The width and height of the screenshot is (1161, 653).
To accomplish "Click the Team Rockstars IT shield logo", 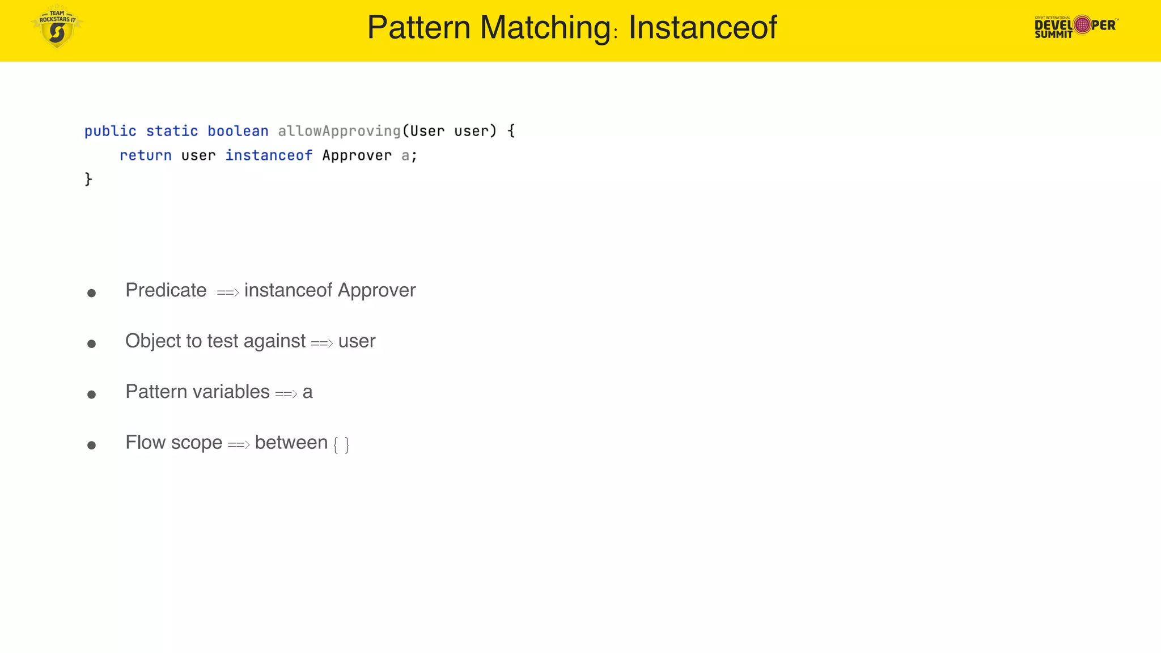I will pos(57,27).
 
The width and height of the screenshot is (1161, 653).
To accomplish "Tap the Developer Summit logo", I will pos(1075,26).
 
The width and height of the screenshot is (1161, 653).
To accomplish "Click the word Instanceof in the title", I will pos(702,27).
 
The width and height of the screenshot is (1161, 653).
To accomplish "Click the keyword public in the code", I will pos(110,131).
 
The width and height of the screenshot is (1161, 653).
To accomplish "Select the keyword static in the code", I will pos(172,131).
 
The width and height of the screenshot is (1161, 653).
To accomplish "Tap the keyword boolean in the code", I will pos(238,131).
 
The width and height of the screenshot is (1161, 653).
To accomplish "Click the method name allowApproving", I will pos(339,131).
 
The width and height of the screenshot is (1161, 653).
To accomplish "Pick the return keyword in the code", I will pos(145,155).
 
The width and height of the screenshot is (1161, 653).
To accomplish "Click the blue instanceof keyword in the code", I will pos(269,155).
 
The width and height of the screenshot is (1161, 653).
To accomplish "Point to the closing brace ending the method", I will pos(88,179).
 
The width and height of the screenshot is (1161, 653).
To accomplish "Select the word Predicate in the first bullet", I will pos(166,290).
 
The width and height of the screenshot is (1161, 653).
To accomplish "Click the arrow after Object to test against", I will pos(321,343).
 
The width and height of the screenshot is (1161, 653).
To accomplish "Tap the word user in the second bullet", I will pos(357,341).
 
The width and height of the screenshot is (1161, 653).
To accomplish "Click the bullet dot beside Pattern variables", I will pos(91,395).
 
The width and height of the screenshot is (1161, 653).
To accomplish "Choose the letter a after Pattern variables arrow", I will pos(307,392).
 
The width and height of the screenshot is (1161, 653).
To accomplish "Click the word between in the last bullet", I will pos(291,443).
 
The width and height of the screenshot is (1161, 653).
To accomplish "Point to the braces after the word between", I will pos(341,444).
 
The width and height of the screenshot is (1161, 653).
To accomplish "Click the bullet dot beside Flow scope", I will pos(91,446).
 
